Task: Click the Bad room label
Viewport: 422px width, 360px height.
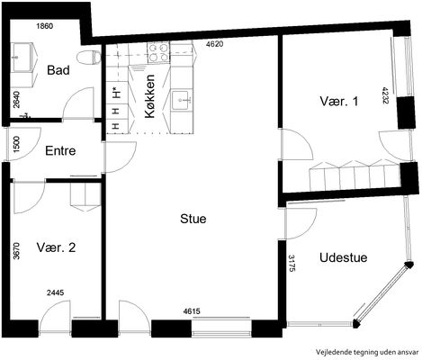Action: (x=58, y=70)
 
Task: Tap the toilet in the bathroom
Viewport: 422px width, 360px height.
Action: (x=89, y=57)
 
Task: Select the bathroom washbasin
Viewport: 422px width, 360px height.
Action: (x=22, y=57)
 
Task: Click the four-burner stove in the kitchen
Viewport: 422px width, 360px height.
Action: (x=158, y=52)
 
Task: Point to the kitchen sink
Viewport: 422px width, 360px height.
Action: (x=182, y=100)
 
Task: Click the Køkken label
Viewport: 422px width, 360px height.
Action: (x=150, y=96)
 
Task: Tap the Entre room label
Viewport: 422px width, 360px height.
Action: (x=60, y=150)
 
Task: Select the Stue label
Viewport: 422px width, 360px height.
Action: (x=193, y=219)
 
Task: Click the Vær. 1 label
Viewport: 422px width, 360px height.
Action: (x=339, y=101)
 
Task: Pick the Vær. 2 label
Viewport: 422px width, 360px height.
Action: (x=56, y=247)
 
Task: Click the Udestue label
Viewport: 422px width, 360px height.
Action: (x=344, y=257)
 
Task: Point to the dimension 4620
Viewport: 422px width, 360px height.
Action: (x=215, y=44)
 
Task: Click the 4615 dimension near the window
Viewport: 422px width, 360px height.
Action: (x=192, y=311)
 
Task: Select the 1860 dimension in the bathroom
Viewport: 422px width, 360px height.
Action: (x=45, y=26)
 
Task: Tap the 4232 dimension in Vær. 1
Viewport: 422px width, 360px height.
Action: (x=385, y=95)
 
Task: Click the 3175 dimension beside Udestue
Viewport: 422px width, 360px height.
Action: (x=292, y=264)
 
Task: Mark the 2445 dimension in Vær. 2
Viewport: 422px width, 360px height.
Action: (x=56, y=292)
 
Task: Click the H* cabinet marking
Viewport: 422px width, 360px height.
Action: (x=115, y=93)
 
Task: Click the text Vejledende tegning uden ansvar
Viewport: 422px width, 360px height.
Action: (x=367, y=352)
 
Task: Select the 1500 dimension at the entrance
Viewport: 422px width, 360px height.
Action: (x=16, y=144)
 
